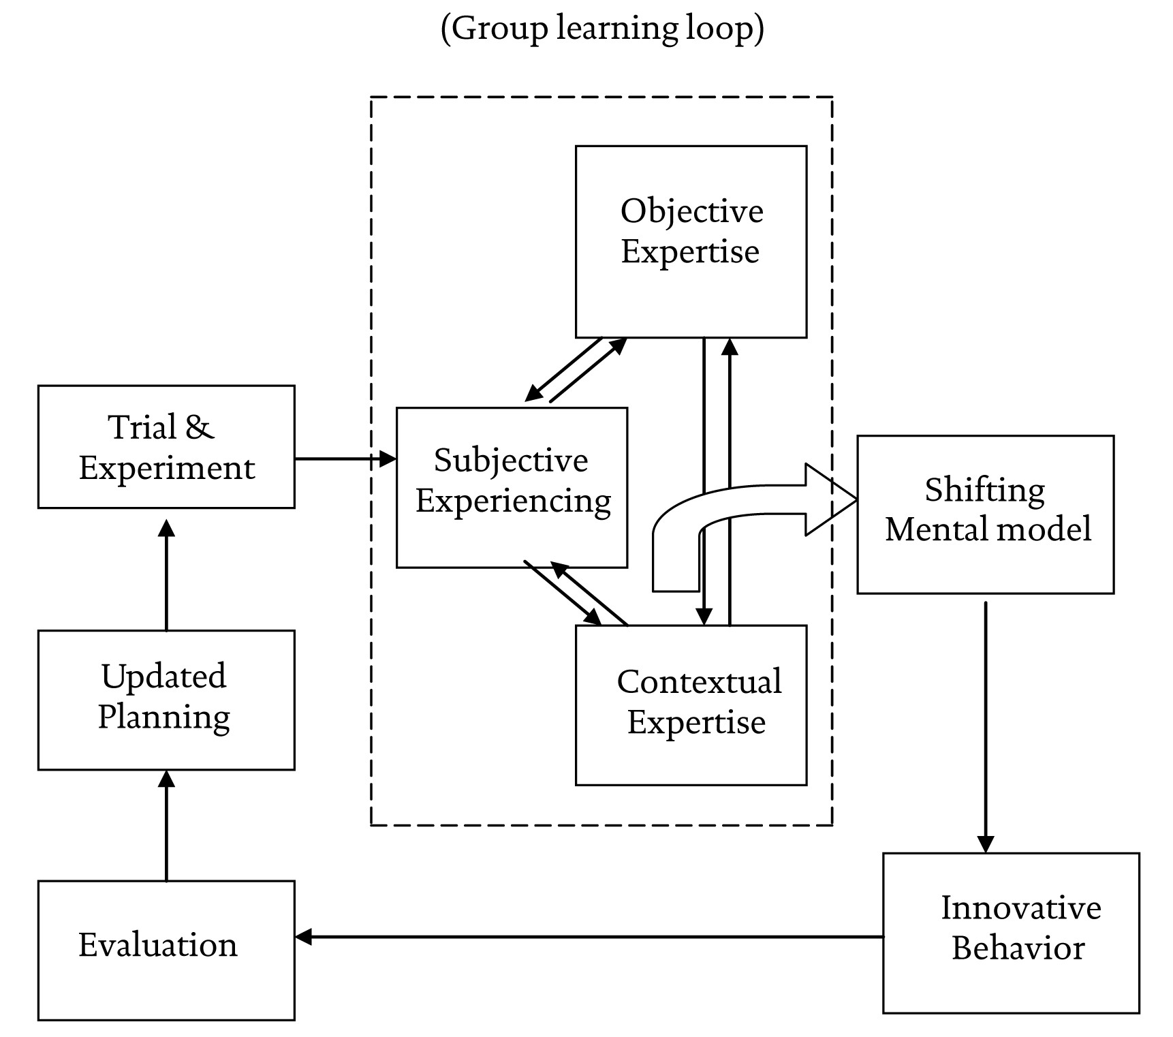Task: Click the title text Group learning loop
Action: [x=602, y=29]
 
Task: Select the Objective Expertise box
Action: [x=691, y=241]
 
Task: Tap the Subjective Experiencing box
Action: [x=512, y=487]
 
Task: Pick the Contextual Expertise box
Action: [x=691, y=705]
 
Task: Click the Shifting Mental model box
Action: [x=985, y=514]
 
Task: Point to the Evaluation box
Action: [x=166, y=950]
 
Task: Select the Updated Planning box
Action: [x=166, y=700]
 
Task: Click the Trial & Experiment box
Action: [x=166, y=447]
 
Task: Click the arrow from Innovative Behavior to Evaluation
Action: [x=589, y=937]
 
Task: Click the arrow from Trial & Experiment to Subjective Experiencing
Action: [x=345, y=459]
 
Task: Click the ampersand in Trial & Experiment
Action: [x=199, y=427]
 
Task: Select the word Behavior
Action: [x=1018, y=948]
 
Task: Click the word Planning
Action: [x=163, y=717]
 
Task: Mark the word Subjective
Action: [x=511, y=461]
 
